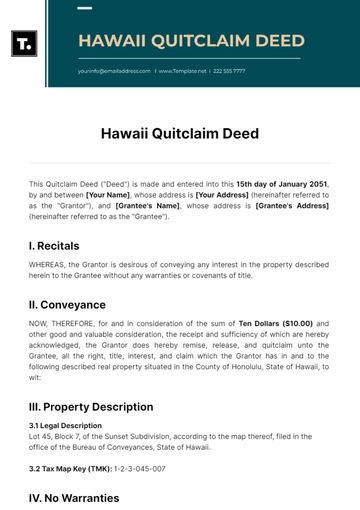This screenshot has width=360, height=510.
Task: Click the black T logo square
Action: click(24, 43)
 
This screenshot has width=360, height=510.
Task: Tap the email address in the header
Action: click(114, 72)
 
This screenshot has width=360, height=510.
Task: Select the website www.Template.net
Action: click(182, 72)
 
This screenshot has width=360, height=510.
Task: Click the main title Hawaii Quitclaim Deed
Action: click(180, 133)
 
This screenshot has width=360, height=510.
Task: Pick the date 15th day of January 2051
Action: click(281, 185)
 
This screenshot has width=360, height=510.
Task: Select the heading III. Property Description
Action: click(91, 406)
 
